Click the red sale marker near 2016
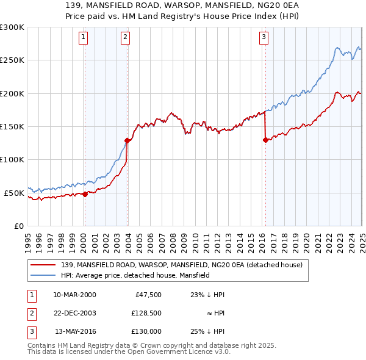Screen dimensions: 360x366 265,140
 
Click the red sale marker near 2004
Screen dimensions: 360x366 127,140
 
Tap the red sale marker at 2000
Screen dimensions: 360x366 85,194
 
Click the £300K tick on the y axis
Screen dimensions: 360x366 12,27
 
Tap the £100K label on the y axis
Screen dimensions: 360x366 12,159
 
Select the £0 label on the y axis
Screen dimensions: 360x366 18,226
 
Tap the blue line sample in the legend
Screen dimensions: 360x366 43,275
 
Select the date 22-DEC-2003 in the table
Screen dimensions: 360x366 76,312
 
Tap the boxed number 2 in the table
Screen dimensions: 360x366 31,312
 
